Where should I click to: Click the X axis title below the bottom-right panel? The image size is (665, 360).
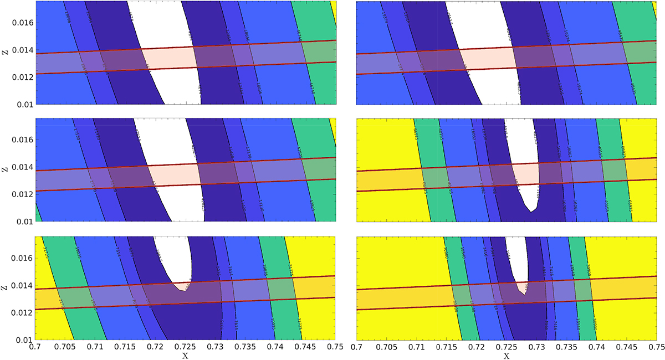pyautogui.click(x=509, y=356)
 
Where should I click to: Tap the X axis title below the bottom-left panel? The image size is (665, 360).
pyautogui.click(x=184, y=356)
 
